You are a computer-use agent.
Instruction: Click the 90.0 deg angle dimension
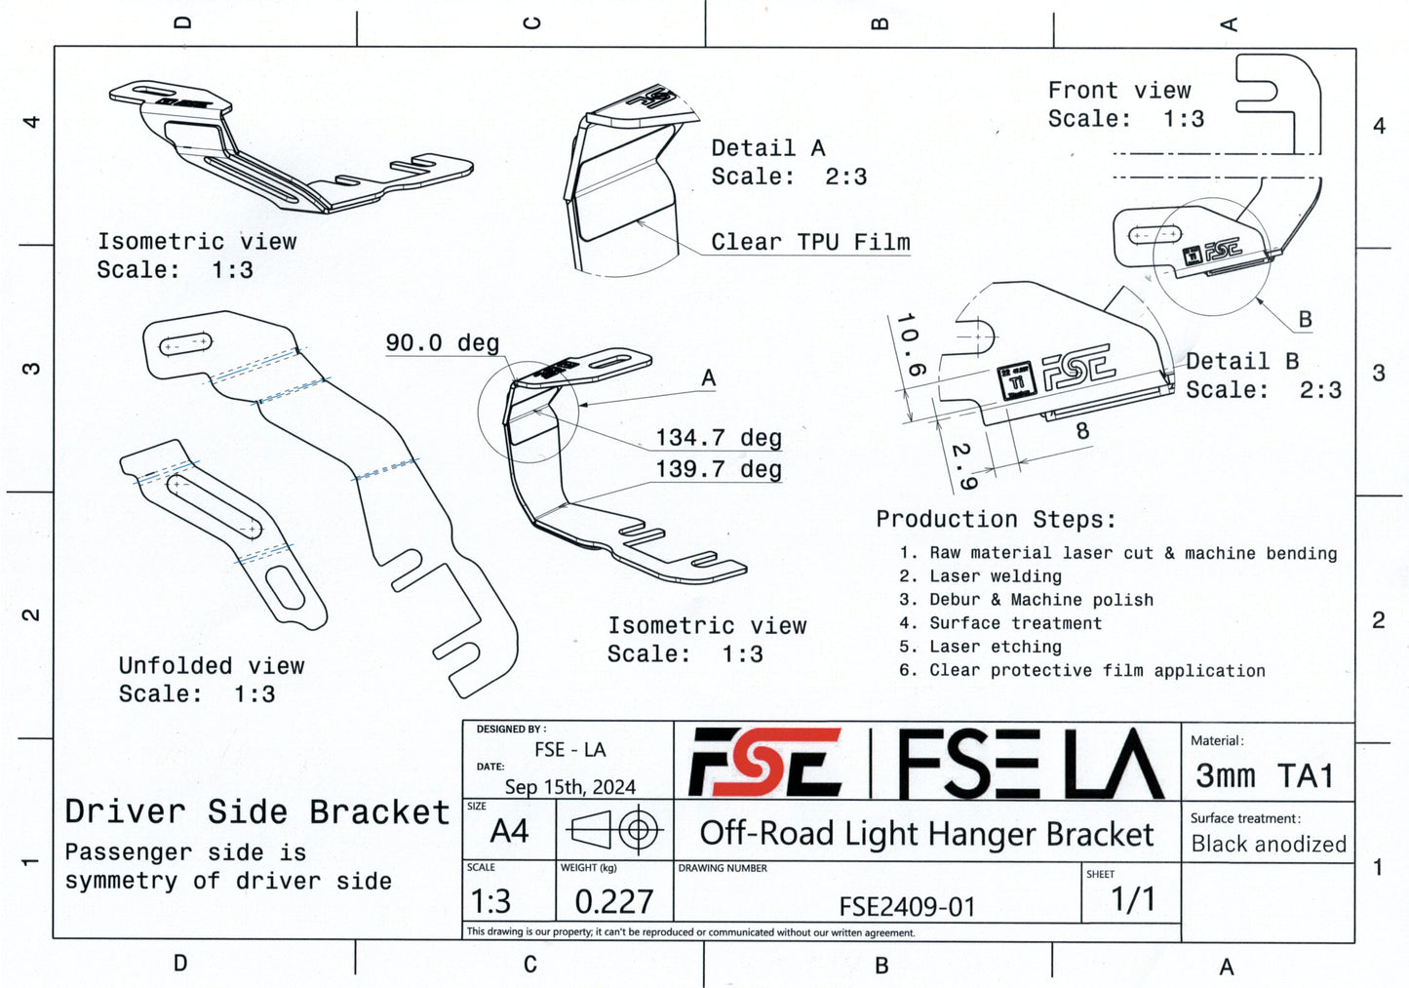coord(443,343)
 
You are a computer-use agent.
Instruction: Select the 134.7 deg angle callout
coord(718,438)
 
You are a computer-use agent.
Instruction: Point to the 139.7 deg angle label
coord(718,469)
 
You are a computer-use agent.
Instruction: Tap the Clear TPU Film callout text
coord(810,242)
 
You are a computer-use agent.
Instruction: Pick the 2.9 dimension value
coord(962,466)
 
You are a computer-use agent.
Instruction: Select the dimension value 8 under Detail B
coord(1081,430)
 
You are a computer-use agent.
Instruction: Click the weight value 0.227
coord(613,901)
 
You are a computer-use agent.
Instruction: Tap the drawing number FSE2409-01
coord(907,906)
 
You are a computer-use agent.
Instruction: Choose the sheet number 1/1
coord(1132,899)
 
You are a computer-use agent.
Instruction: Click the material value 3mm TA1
coord(1264,775)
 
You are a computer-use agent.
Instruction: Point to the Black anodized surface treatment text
coord(1269,844)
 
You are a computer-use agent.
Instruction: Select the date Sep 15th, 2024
coord(569,787)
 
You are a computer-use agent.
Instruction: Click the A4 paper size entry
coord(509,831)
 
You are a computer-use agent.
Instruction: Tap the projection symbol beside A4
coord(614,831)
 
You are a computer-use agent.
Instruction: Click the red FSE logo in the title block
coord(765,762)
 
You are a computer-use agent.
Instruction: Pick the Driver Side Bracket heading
coord(257,811)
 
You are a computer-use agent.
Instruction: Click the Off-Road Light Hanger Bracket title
coord(926,834)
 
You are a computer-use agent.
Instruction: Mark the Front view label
coord(1119,91)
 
